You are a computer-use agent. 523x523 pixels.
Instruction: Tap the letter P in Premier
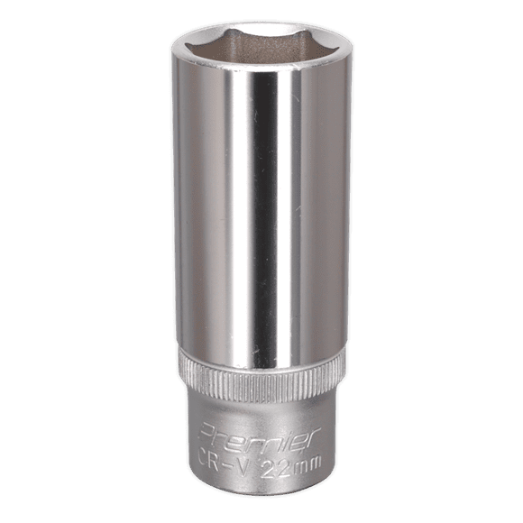[207, 432]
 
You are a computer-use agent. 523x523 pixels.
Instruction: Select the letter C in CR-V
[206, 459]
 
